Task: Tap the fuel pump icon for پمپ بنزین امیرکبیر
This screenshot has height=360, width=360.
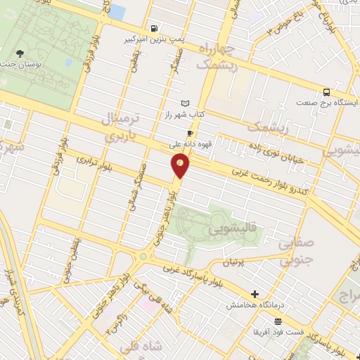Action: [153, 28]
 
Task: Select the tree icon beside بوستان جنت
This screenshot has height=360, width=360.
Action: [20, 53]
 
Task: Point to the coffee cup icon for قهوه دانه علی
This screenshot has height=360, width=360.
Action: [190, 133]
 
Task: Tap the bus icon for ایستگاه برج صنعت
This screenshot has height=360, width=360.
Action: [326, 92]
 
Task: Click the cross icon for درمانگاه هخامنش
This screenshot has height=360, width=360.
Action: [255, 294]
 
